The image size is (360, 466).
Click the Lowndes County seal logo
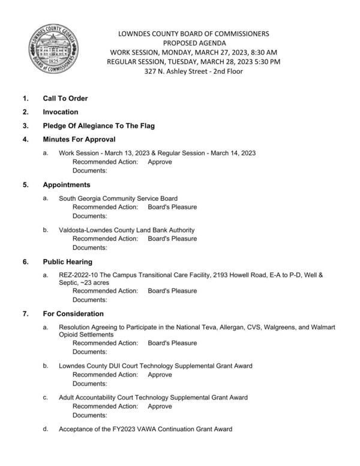[x=51, y=52]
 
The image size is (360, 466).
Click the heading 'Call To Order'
[x=65, y=98]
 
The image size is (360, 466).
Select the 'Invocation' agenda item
[x=60, y=112]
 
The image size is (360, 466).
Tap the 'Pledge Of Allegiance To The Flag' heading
[x=98, y=125]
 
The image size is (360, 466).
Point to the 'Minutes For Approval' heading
[x=79, y=139]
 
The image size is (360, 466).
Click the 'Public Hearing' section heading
[x=67, y=261]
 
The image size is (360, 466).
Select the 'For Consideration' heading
[x=73, y=314]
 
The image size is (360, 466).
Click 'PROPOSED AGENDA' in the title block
[x=193, y=43]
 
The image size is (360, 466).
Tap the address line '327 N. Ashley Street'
[x=193, y=71]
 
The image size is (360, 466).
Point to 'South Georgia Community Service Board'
[x=118, y=199]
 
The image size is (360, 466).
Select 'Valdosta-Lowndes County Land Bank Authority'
[x=127, y=230]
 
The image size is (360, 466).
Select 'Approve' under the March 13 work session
[x=160, y=162]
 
